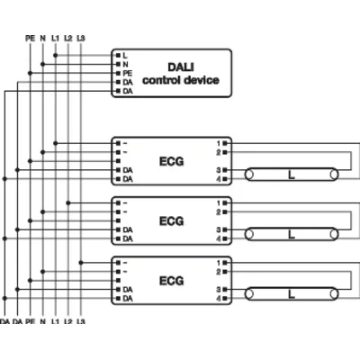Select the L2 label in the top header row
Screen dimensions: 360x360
point(68,37)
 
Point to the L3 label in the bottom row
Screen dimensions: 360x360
point(81,321)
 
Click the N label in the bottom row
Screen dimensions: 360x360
point(42,321)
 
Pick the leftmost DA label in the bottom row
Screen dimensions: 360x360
point(5,321)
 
